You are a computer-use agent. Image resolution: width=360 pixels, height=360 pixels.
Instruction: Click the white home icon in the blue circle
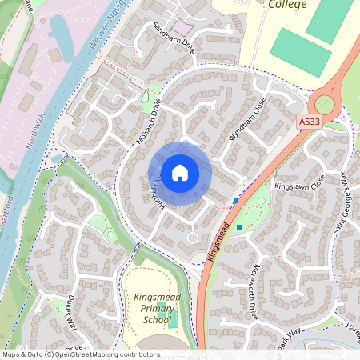tap(180, 173)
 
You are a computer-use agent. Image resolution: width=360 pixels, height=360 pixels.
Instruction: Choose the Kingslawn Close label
tap(300, 185)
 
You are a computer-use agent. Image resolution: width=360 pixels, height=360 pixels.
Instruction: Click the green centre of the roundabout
tap(324, 102)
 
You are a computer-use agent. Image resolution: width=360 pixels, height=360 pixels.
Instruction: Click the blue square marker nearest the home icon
tap(235, 200)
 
